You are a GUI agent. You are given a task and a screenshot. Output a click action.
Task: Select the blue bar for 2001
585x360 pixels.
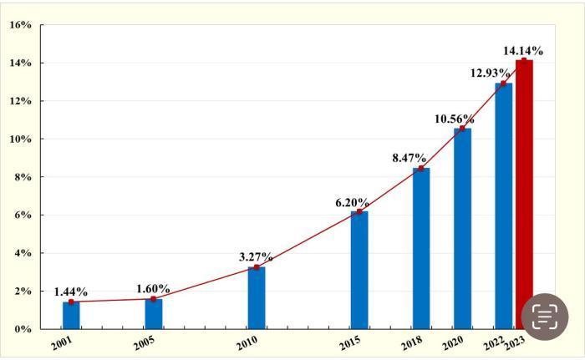(x=71, y=315)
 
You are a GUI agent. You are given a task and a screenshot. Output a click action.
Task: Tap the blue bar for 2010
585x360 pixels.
(x=257, y=297)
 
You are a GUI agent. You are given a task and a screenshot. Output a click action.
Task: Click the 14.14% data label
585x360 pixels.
(x=523, y=50)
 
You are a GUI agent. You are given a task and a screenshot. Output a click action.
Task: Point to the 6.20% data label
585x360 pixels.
(x=352, y=202)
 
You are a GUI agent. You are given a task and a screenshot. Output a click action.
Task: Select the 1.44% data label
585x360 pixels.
(x=71, y=292)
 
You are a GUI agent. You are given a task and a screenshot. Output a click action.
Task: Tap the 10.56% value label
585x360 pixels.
(x=454, y=119)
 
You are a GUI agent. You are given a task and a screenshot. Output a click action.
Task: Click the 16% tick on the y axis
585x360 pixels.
(x=20, y=25)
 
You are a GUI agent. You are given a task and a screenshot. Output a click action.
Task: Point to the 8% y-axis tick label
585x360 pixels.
(x=20, y=177)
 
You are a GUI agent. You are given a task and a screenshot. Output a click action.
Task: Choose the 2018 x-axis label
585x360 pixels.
(x=411, y=343)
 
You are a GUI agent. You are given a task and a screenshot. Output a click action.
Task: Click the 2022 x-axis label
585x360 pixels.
(x=495, y=343)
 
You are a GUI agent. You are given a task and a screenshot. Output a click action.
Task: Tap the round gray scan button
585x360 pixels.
(x=545, y=317)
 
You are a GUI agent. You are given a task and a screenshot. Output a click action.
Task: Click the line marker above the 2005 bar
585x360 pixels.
(x=154, y=298)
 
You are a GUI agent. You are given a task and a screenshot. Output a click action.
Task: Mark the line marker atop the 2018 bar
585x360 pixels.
(x=421, y=168)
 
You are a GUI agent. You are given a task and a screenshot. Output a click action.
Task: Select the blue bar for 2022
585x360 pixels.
(x=503, y=205)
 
